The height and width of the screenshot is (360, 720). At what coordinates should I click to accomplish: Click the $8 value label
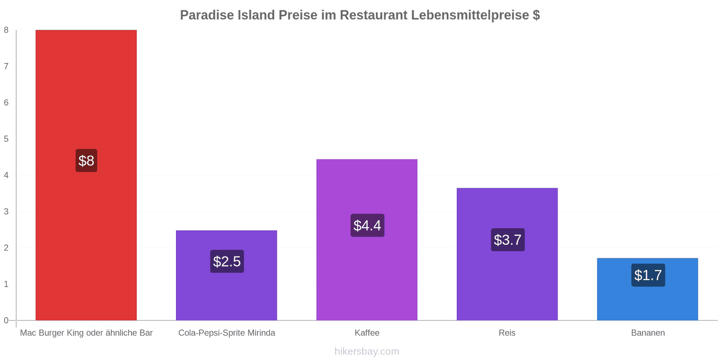click(x=86, y=161)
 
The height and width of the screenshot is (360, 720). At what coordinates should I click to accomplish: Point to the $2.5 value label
click(x=227, y=261)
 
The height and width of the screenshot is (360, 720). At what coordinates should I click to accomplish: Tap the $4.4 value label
click(x=367, y=225)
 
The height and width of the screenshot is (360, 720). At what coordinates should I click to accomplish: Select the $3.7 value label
click(x=508, y=240)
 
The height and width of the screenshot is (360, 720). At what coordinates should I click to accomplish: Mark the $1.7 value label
click(x=648, y=275)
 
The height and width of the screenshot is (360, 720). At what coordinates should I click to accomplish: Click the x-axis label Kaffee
click(x=367, y=333)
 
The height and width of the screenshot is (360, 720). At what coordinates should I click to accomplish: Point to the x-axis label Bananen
click(x=648, y=333)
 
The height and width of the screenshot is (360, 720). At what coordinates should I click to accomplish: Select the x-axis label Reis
click(x=507, y=333)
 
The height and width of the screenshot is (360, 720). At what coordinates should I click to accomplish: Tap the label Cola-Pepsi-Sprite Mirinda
click(x=226, y=333)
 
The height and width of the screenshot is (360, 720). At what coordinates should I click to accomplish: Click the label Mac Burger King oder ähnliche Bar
click(x=86, y=333)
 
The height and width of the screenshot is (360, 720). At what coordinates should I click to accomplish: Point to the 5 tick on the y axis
click(x=6, y=139)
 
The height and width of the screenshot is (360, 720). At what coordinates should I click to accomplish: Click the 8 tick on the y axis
click(x=6, y=30)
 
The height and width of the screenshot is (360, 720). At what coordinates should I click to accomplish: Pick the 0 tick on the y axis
click(x=6, y=320)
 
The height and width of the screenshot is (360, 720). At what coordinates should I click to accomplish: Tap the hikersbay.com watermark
click(x=367, y=351)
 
